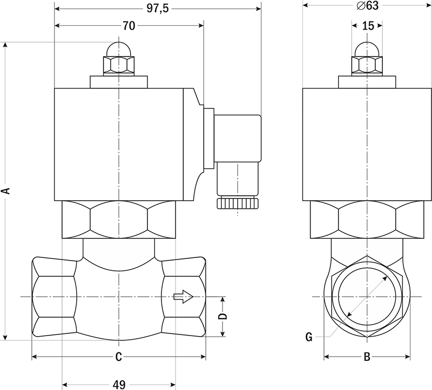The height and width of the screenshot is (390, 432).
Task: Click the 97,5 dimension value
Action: coord(157,9)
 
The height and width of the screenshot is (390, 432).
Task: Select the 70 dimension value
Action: coord(129,25)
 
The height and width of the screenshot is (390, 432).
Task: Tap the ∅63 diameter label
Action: coord(368,5)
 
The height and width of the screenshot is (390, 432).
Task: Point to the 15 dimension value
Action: coord(368,25)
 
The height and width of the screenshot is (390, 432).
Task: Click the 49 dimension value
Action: coord(119,385)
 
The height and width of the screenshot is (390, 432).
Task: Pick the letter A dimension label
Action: coord(6,191)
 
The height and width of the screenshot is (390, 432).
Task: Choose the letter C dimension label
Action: coord(118,357)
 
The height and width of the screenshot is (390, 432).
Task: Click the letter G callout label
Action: coord(309,337)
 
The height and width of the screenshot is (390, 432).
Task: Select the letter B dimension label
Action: coord(367,357)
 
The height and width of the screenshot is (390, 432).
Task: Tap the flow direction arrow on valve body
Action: coord(184,297)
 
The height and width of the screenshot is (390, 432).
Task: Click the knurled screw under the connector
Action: coord(238,203)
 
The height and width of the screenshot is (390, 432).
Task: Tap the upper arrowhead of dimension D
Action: coord(222,300)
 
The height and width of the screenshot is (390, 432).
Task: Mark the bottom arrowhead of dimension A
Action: coord(5,338)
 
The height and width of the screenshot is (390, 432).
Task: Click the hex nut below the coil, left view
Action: coord(119,220)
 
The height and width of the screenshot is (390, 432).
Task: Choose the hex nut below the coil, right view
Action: coord(367,220)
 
